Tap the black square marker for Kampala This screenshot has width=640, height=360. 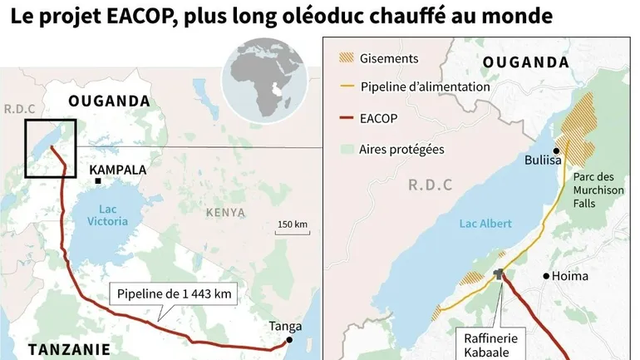pyautogui.click(x=98, y=180)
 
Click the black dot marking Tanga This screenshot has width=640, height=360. pyautogui.click(x=290, y=339)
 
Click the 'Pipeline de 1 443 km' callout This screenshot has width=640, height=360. pyautogui.click(x=173, y=293)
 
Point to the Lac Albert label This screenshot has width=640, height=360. pyautogui.click(x=485, y=224)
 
